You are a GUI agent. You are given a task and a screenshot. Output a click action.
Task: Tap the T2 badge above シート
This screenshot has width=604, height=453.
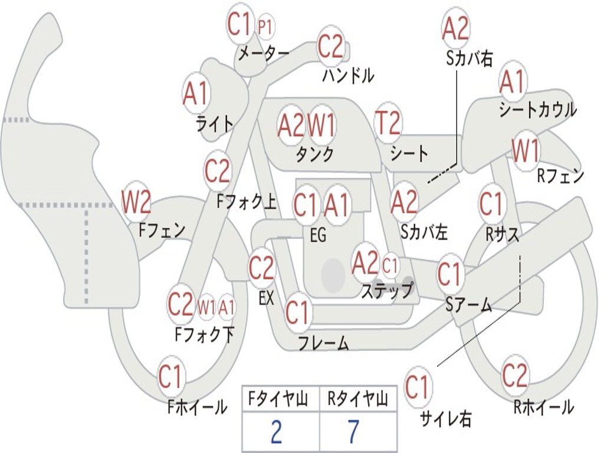tap(388, 123)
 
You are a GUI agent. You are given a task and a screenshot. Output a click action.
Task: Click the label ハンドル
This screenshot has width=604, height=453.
tap(348, 75)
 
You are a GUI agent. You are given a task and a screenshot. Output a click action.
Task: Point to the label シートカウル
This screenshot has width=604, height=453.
tap(537, 110)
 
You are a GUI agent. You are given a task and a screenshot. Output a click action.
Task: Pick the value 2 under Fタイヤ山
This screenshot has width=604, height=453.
tap(276, 431)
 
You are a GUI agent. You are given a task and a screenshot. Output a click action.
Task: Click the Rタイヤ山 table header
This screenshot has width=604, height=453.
tap(357, 400)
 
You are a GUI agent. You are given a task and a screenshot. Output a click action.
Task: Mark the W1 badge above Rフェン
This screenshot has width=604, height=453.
tap(526, 151)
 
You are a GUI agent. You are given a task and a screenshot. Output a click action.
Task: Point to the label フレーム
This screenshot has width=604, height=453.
tap(323, 343)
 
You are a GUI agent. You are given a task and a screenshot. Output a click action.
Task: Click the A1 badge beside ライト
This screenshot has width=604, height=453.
tap(196, 93)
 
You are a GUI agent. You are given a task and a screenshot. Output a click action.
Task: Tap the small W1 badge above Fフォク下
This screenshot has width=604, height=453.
tap(206, 307)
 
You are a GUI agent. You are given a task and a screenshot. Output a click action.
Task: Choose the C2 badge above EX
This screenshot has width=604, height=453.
tap(261, 269)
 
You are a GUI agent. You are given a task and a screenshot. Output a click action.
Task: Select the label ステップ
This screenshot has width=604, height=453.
tap(387, 291)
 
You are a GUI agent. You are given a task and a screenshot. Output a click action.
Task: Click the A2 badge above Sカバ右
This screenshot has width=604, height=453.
tap(455, 28)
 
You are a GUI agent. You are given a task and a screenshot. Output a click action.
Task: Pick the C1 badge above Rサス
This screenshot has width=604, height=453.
tap(491, 205)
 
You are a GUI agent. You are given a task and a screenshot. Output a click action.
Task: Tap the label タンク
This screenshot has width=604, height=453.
tap(314, 155)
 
